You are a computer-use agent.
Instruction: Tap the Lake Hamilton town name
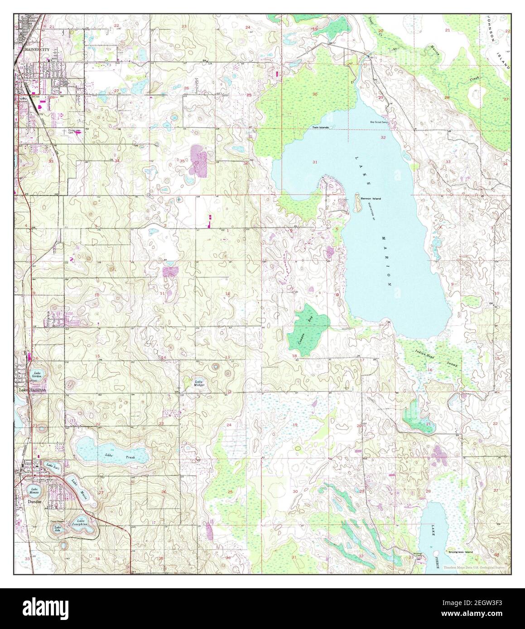32,389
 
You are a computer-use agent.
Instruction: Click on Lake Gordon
37,375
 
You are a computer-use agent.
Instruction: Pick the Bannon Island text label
371,199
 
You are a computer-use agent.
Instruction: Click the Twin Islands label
320,127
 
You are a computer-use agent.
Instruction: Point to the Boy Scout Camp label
379,122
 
